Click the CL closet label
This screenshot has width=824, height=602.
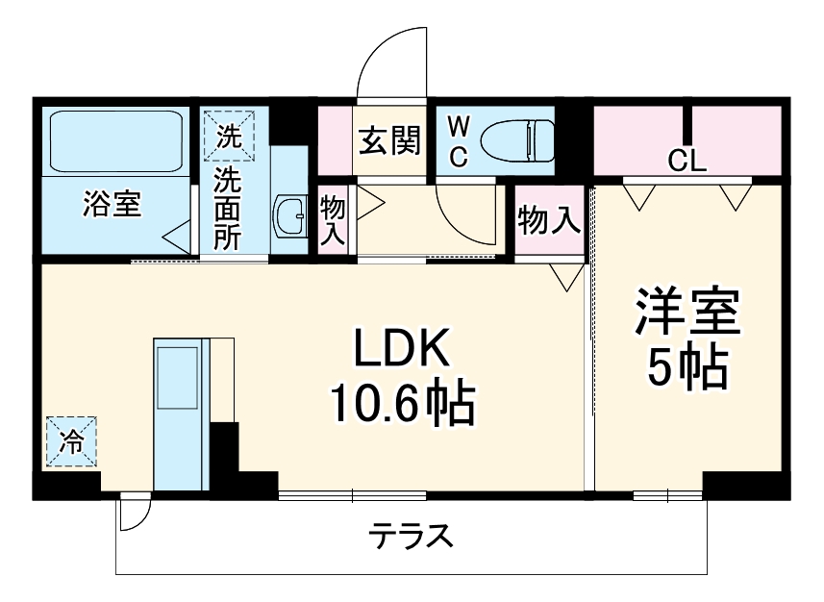(x=687, y=162)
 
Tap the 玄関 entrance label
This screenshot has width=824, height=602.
(x=389, y=141)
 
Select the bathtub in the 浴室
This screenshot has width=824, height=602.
(x=115, y=142)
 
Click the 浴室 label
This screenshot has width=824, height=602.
(x=112, y=204)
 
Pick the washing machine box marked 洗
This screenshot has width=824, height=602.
(x=228, y=136)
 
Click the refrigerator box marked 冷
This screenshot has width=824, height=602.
(x=71, y=441)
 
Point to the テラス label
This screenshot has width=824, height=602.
(x=411, y=536)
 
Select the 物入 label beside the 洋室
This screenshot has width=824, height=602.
(x=548, y=221)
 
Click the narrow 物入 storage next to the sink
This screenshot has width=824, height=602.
(x=332, y=220)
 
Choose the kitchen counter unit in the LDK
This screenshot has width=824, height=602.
(x=179, y=414)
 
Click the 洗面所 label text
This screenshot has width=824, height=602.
(x=228, y=209)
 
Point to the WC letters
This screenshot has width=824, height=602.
(x=459, y=141)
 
